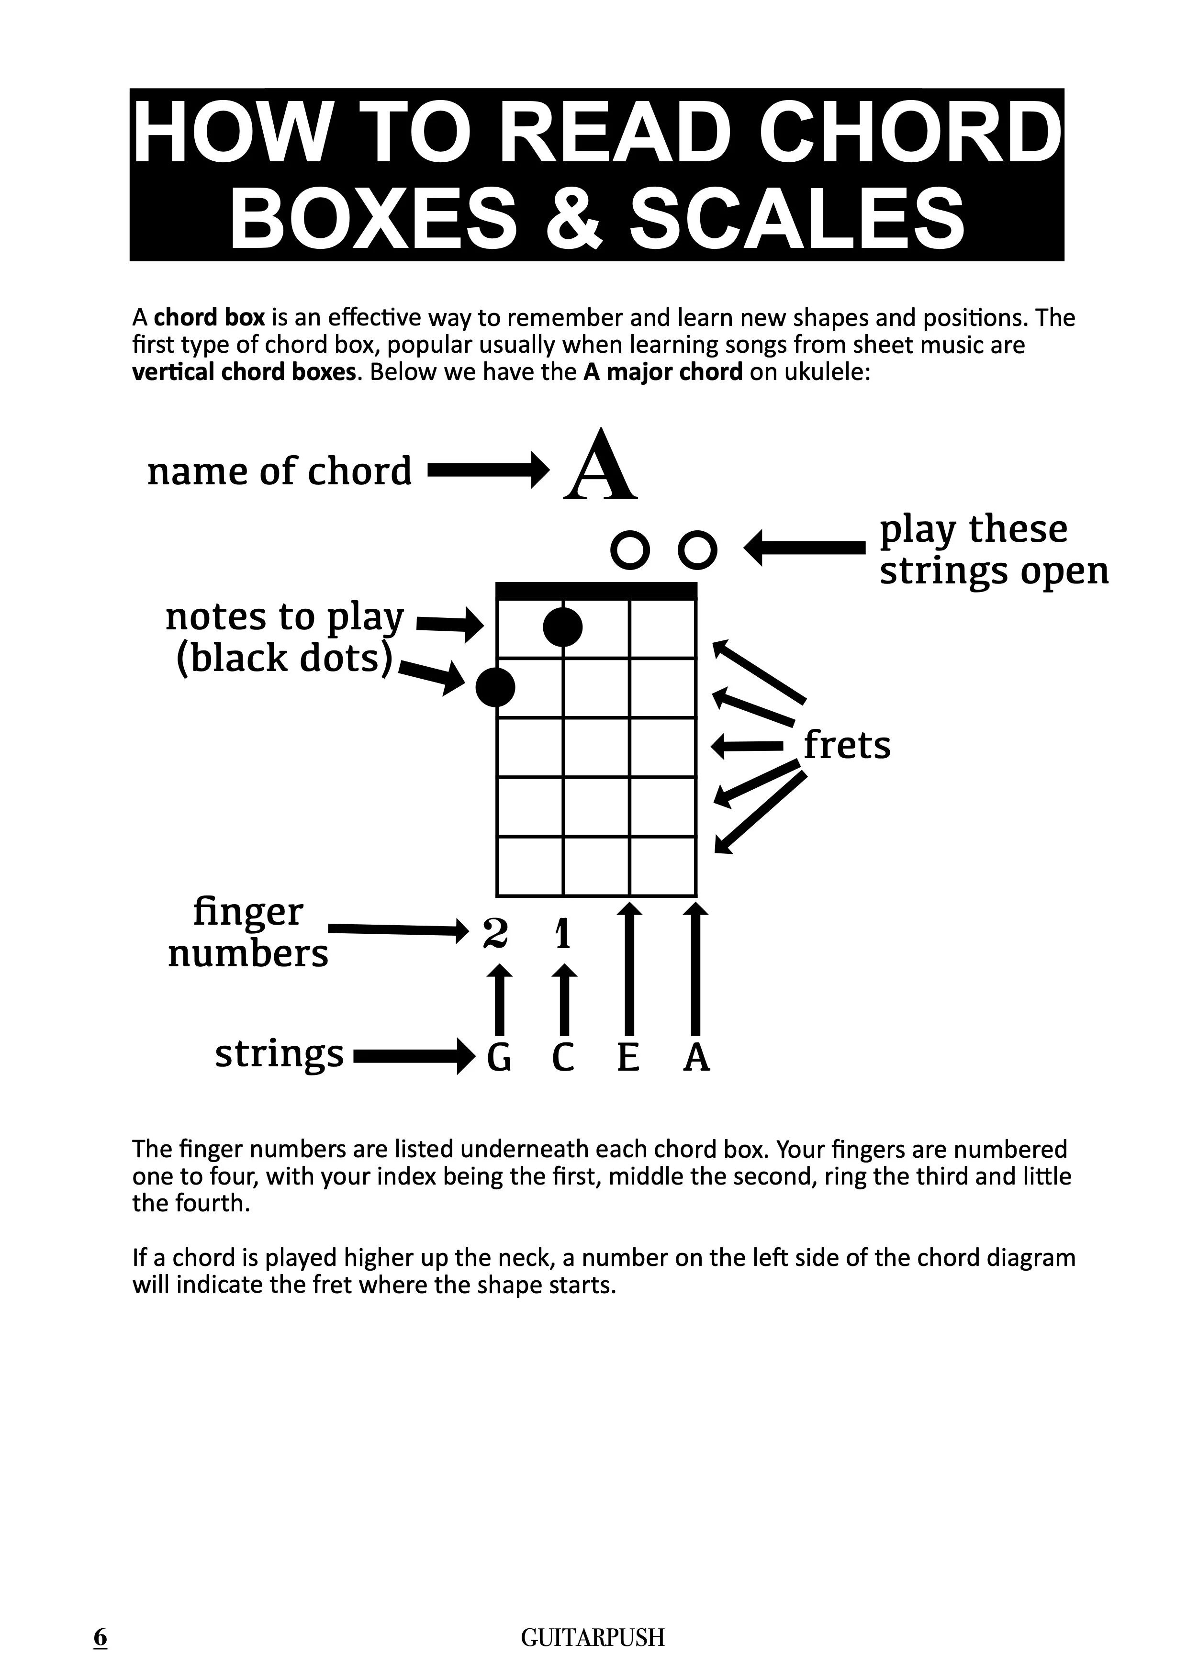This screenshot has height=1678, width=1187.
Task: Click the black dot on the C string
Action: [x=563, y=626]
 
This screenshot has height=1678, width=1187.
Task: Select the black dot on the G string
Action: [x=495, y=687]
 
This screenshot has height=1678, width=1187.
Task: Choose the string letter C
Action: [x=563, y=1058]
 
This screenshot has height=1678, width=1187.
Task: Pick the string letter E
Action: [x=628, y=1058]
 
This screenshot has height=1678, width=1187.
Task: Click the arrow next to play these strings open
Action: [x=804, y=547]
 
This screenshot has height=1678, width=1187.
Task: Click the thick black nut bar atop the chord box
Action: [x=596, y=590]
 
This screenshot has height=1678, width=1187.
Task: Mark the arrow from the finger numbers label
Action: [x=398, y=929]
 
